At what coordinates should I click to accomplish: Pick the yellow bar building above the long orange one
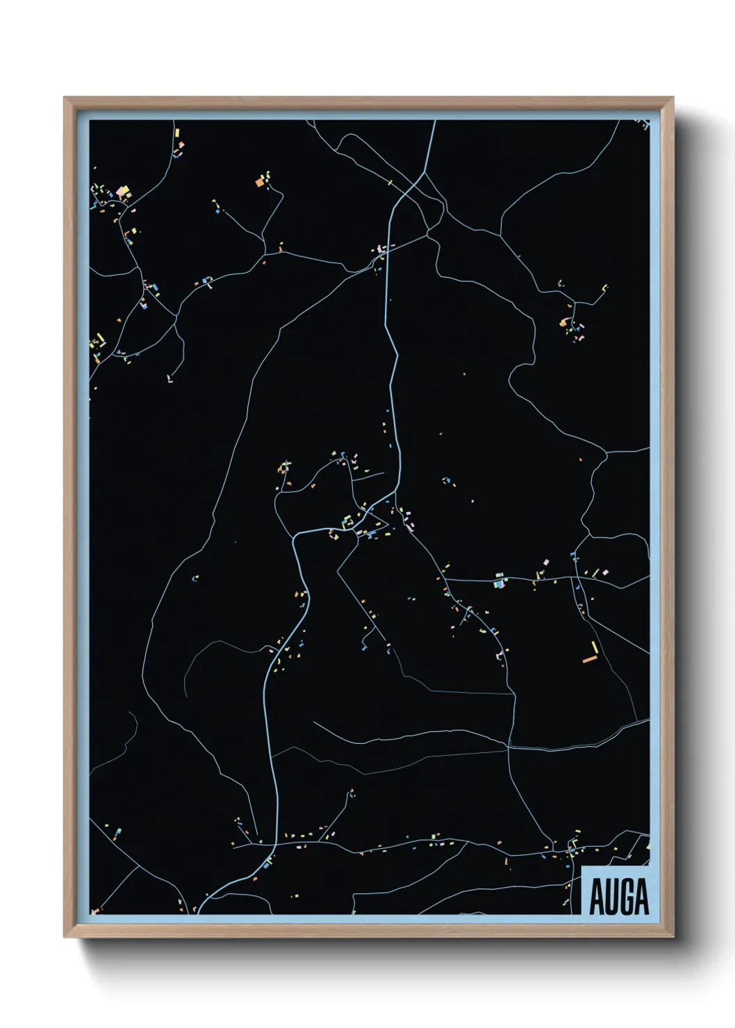pos(594,647)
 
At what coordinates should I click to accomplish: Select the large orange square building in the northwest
pos(260,183)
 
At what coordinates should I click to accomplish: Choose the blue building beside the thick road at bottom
pos(267,865)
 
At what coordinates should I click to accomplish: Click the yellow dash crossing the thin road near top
pos(390,183)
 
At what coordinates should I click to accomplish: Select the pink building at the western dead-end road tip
pos(169,379)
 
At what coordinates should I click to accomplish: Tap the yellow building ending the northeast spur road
pos(605,286)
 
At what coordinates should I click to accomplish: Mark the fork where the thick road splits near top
pos(422,173)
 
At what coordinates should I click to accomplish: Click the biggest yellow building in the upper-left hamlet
pos(126,189)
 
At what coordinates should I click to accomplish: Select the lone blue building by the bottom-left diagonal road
pos(119,831)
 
